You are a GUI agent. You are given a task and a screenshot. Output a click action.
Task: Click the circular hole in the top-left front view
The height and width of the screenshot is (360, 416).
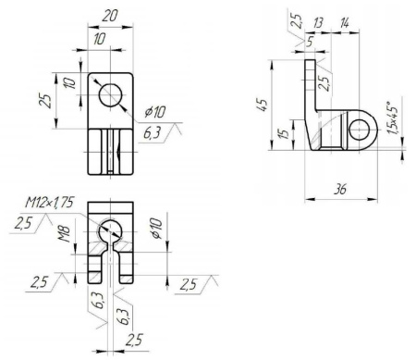[110, 95]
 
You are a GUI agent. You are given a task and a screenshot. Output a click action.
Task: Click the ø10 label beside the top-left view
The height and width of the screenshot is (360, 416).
[153, 115]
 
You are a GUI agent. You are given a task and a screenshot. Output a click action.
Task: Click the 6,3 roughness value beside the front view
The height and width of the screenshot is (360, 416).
[153, 135]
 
